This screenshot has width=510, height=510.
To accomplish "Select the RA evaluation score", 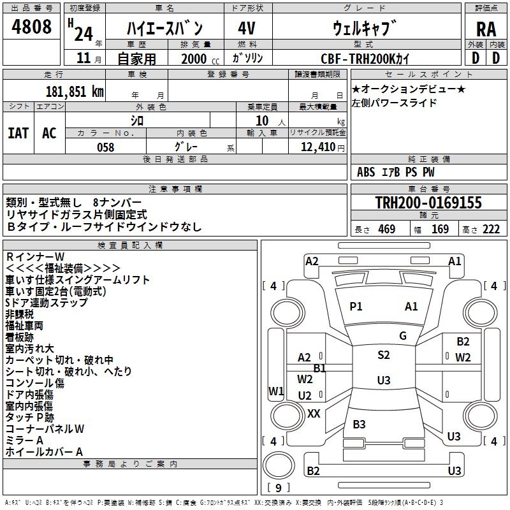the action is (x=486, y=29).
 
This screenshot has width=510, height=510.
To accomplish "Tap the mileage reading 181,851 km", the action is (x=75, y=91).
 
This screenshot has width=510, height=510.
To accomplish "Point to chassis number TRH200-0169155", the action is (x=428, y=203).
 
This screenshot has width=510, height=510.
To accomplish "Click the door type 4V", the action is (x=247, y=28).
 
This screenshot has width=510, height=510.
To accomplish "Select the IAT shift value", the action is (x=18, y=133).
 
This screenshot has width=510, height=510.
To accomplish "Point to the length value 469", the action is (x=386, y=229).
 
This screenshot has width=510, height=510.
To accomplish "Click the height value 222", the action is (x=490, y=229).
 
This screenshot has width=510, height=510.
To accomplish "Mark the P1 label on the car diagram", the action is (x=356, y=307).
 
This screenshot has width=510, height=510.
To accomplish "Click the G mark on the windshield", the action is (x=402, y=335).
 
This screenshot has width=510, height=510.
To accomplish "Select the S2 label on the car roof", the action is (x=383, y=355).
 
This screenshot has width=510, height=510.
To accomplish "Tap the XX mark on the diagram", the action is (x=314, y=413).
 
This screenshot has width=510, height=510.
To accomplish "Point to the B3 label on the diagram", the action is (x=359, y=424).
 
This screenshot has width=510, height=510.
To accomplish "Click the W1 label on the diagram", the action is (x=275, y=391).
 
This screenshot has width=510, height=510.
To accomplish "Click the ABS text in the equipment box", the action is (x=366, y=172).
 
